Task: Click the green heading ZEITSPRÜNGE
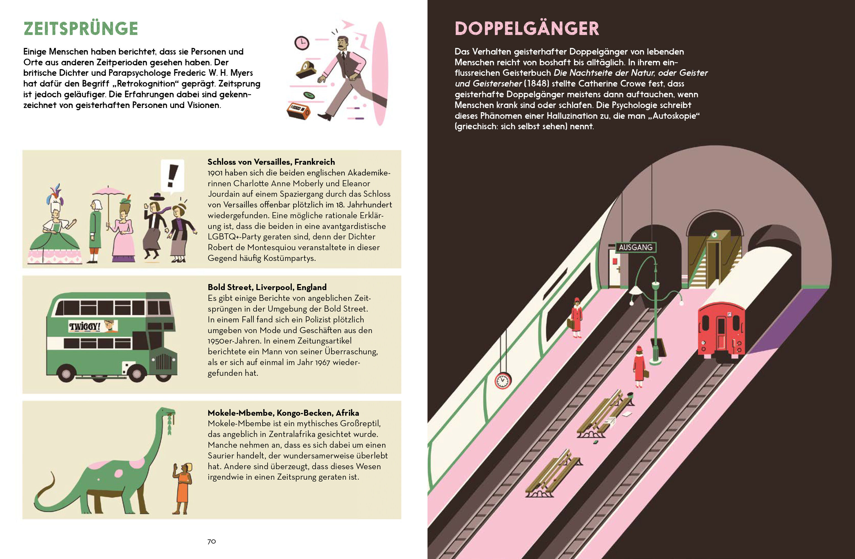click(81, 29)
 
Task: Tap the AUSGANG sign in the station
click(635, 247)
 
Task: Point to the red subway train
click(721, 330)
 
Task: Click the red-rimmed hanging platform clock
click(503, 381)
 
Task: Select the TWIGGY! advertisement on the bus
click(93, 326)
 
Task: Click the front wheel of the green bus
click(137, 373)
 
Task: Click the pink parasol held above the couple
click(108, 191)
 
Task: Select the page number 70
click(212, 541)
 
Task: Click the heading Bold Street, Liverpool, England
click(267, 287)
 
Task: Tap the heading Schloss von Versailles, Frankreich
click(271, 162)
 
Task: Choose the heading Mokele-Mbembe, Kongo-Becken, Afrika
click(283, 413)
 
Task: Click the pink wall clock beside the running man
click(302, 43)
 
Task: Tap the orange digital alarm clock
click(298, 110)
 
